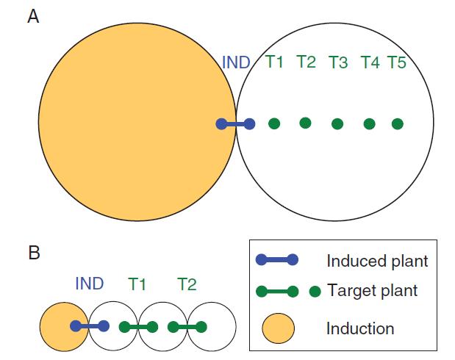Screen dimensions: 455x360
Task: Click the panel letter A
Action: [33, 16]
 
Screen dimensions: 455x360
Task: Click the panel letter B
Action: [34, 253]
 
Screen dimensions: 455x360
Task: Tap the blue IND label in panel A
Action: [236, 62]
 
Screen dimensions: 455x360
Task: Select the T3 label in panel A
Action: [338, 62]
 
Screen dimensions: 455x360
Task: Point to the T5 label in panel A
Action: [397, 62]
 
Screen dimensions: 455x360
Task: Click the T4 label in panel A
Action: [370, 62]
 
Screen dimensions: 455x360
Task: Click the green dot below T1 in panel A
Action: [274, 124]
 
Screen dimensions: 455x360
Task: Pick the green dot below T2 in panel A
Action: [305, 123]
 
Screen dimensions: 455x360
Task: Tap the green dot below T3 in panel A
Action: [337, 124]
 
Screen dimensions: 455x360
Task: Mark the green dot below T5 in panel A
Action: [398, 124]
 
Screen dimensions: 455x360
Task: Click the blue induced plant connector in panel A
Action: [236, 124]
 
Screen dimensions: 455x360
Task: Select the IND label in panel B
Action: [90, 284]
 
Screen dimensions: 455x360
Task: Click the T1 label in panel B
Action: [137, 284]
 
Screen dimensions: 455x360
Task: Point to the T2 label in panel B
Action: [187, 284]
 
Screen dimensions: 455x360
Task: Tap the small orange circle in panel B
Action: [64, 327]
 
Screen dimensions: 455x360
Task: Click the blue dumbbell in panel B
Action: [90, 326]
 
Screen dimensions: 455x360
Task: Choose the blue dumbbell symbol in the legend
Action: [277, 259]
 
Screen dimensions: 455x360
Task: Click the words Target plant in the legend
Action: [373, 290]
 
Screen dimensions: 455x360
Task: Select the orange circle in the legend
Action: [279, 328]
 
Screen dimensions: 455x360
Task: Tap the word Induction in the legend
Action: [360, 328]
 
